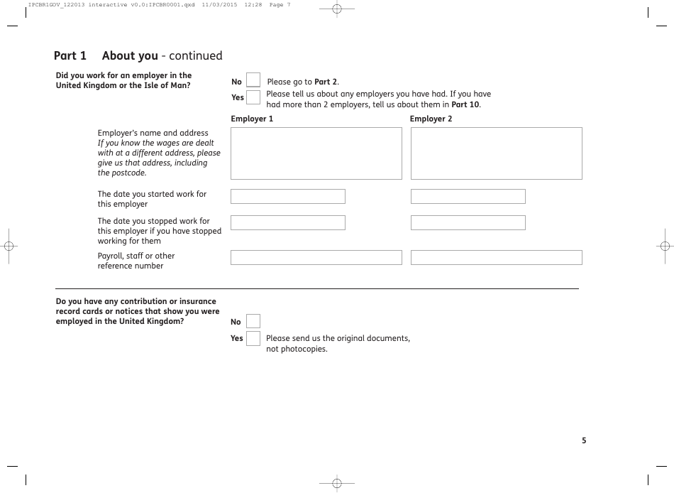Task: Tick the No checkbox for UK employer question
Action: (253, 81)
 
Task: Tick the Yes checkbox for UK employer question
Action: (253, 97)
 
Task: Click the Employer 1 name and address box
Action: (316, 153)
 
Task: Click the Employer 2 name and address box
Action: (496, 153)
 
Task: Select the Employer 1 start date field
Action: (287, 196)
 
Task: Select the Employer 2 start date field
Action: (468, 196)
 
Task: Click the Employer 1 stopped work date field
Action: (287, 222)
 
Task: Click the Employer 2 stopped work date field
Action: (468, 222)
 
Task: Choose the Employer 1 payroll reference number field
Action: (316, 257)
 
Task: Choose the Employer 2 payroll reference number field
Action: (496, 257)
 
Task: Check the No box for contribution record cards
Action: (253, 321)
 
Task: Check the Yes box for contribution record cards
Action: (253, 338)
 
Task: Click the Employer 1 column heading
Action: (251, 119)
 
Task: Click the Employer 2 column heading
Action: (431, 119)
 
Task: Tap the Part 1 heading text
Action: (70, 55)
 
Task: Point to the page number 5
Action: (584, 440)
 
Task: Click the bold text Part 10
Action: (465, 104)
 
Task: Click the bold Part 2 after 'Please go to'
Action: (326, 82)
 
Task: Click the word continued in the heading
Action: (196, 55)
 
